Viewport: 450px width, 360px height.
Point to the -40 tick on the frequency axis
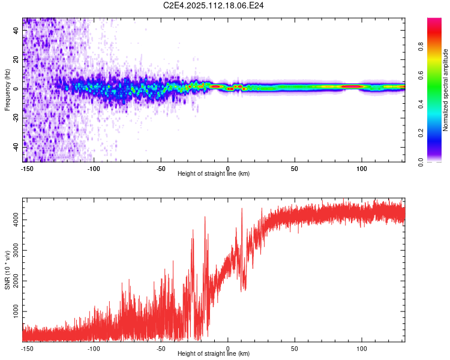click(x=16, y=146)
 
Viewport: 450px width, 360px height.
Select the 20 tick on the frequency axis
click(x=16, y=60)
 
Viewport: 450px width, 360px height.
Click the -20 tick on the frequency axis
click(x=16, y=118)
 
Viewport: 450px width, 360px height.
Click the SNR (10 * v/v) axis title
click(x=7, y=270)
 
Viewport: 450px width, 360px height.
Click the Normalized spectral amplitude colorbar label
click(x=446, y=90)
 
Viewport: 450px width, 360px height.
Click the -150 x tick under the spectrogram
click(x=27, y=169)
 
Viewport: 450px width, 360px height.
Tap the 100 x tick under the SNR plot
click(x=362, y=348)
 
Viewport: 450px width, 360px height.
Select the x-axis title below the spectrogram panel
click(x=214, y=174)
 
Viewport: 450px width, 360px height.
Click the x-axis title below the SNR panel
click(x=214, y=354)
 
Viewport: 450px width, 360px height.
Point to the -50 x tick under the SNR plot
click(x=161, y=348)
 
